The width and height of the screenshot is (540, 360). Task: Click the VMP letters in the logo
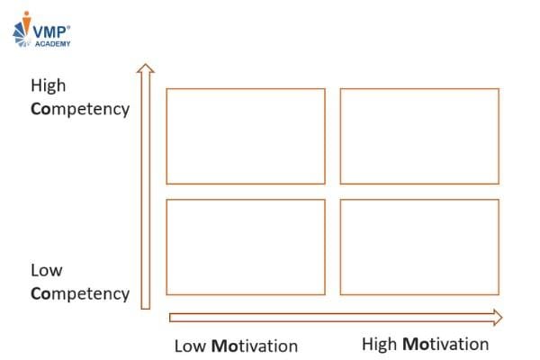tap(49, 32)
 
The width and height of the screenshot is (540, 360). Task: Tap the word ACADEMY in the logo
tap(53, 44)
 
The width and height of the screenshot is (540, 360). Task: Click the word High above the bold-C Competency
tap(49, 85)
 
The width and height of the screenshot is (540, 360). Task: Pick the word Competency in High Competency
tap(80, 109)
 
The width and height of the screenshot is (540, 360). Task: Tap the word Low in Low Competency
tap(47, 270)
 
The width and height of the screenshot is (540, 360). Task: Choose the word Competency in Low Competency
tap(80, 294)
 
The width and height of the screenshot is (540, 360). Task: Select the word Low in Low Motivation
tap(190, 346)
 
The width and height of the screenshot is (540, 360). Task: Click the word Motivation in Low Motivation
tap(255, 346)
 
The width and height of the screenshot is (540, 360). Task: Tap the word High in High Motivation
tap(379, 344)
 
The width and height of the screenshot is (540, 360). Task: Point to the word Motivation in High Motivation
tap(445, 344)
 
